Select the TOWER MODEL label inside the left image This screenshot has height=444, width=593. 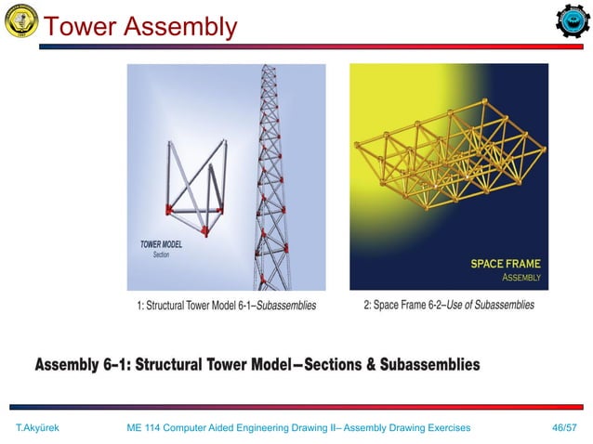click(x=161, y=245)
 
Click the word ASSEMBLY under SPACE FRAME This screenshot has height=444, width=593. click(x=521, y=277)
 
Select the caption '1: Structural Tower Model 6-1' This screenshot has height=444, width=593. click(x=191, y=305)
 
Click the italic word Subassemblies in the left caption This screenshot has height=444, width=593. click(x=286, y=305)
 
